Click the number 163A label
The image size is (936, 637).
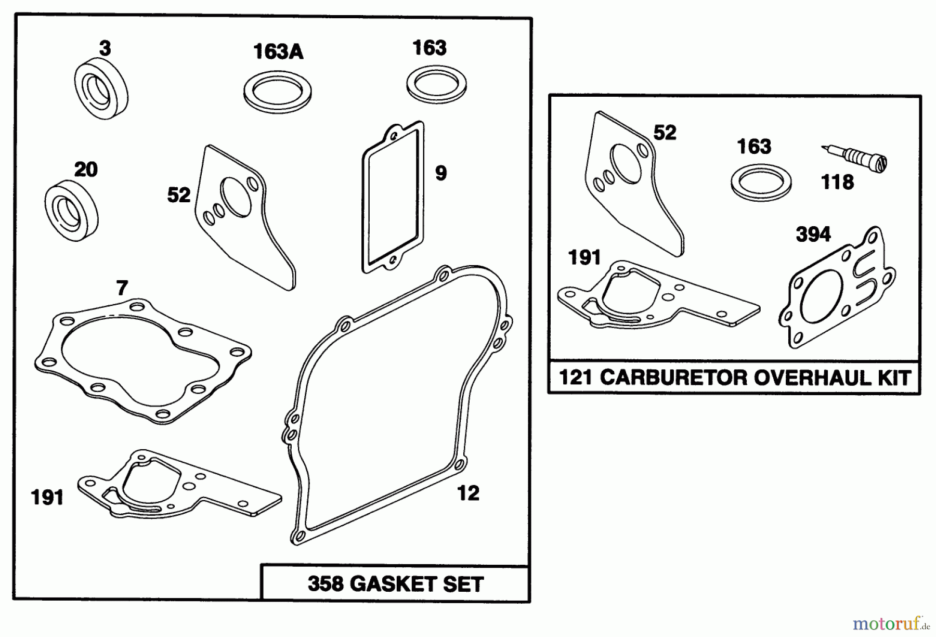[x=278, y=52]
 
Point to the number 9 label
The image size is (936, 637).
[x=440, y=173]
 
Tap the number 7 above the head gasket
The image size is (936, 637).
[x=122, y=288]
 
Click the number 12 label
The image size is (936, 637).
[x=467, y=492]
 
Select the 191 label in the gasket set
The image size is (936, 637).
[x=47, y=498]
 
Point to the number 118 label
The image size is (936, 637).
[x=837, y=182]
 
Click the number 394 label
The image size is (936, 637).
[x=813, y=235]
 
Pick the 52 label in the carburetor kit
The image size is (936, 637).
[x=665, y=133]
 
